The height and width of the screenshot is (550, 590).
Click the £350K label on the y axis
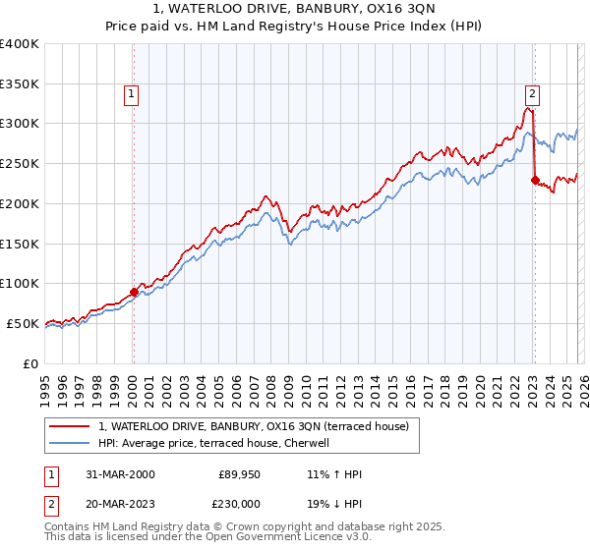[x=20, y=84]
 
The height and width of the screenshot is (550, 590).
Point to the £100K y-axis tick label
[x=20, y=283]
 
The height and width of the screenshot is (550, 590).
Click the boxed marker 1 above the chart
[x=131, y=94]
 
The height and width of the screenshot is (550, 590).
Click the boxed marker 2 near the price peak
[x=531, y=94]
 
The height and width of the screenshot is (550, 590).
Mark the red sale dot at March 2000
[x=134, y=292]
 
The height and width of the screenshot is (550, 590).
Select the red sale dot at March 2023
[x=535, y=180]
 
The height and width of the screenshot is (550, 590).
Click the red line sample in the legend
[x=71, y=426]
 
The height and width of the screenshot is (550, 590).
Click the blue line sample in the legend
[x=71, y=443]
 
